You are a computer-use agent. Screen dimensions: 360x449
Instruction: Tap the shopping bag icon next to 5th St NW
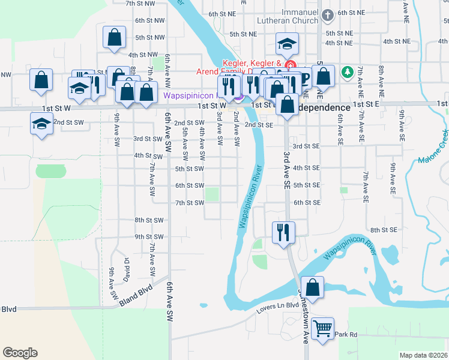click(x=114, y=37)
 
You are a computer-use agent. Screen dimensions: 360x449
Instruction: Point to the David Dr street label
click(x=127, y=269)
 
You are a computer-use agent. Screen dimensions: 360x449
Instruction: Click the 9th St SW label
click(x=149, y=237)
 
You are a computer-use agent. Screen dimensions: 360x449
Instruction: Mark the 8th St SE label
click(x=384, y=230)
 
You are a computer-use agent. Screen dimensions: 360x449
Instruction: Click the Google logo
click(x=20, y=353)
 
